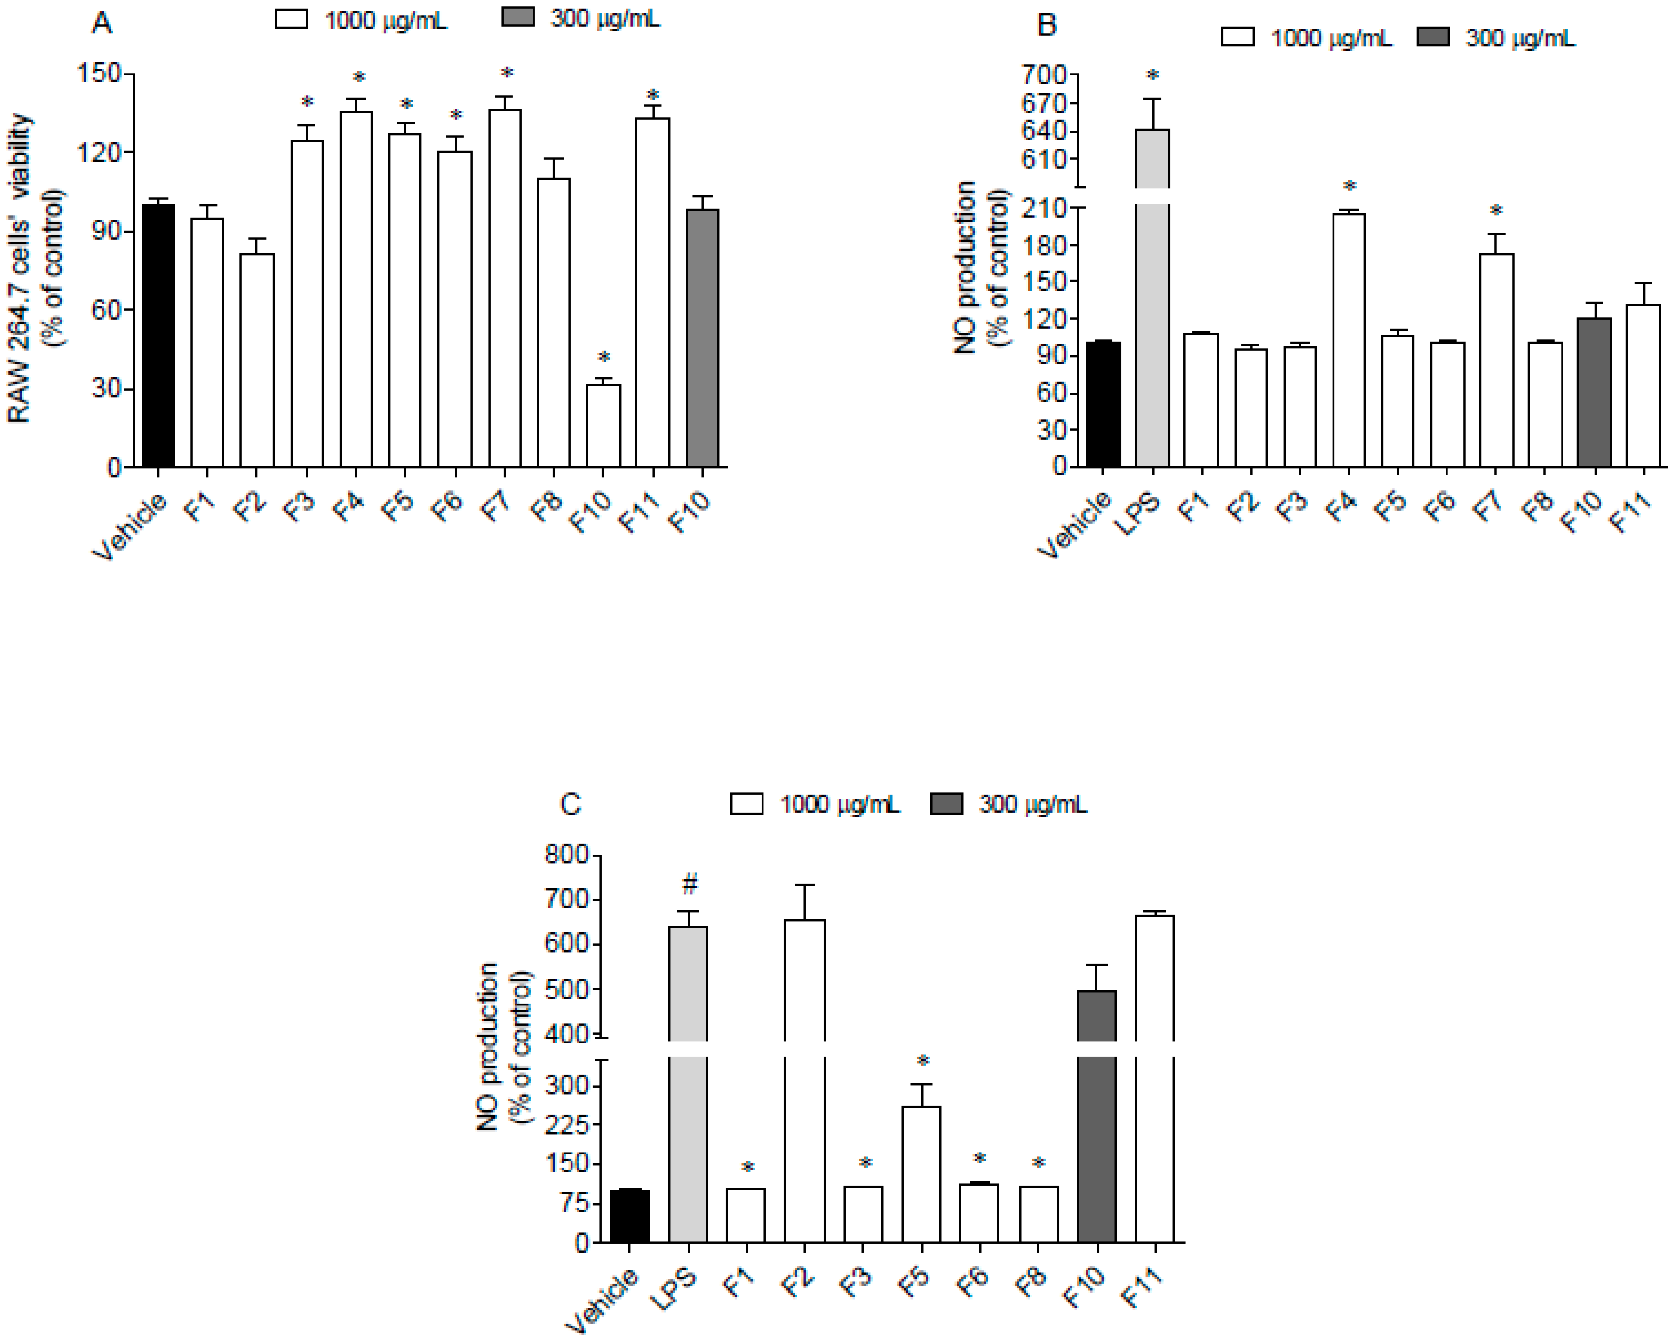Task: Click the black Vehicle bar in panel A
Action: coord(158,336)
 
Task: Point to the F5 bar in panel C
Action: coord(921,1174)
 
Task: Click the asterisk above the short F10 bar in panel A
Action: coord(604,358)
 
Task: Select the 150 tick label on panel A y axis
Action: coord(99,74)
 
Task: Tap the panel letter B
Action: coord(1047,25)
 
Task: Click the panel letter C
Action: coord(570,804)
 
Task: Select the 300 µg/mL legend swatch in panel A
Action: coord(518,17)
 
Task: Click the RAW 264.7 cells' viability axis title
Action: coord(19,268)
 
